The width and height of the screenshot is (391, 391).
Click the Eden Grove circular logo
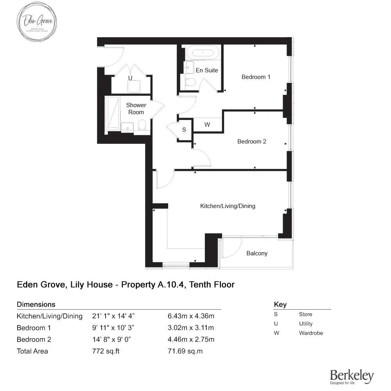coord(38,22)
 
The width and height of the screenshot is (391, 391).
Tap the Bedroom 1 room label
coord(256,77)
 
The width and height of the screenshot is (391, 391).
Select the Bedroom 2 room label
coord(251,142)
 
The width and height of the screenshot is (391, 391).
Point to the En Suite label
coord(207,70)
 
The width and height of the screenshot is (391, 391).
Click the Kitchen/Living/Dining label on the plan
coord(228,206)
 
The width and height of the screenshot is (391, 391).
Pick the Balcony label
coord(257,253)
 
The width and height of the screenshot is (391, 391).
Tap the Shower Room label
coord(136,109)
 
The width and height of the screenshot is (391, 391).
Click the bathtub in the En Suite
coord(203,53)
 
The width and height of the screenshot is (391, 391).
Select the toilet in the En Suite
coord(190,82)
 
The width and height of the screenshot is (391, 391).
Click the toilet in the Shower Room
coord(142,126)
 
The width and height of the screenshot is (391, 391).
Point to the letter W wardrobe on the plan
coord(207,125)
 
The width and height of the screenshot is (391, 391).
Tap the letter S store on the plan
coord(184,130)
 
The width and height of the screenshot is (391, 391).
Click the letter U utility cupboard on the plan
coord(130,78)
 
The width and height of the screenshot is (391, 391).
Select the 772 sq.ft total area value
coord(106,351)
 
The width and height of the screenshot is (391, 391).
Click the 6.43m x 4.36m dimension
coord(190,316)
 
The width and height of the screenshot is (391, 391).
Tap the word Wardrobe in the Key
coord(311,333)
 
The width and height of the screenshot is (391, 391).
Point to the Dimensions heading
coord(36,304)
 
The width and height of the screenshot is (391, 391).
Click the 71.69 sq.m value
coord(185,351)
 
